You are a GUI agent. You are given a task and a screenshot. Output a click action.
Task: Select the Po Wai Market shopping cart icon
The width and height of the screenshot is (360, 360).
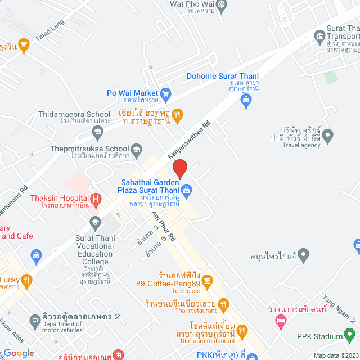[x=165, y=94]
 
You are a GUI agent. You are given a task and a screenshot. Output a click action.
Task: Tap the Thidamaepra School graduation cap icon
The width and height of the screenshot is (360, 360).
[x=98, y=132]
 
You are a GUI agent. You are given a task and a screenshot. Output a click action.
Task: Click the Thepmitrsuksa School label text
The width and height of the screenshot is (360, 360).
[x=89, y=148]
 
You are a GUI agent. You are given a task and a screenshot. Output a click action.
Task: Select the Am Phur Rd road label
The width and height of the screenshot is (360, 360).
[x=163, y=226]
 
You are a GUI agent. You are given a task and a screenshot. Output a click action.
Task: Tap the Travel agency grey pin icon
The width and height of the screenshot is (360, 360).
[x=328, y=135]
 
